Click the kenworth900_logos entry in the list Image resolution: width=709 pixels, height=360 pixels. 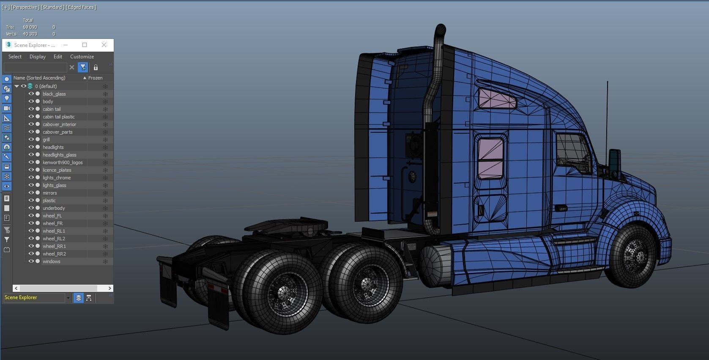tap(63, 162)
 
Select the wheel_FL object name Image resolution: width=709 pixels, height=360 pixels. tap(52, 216)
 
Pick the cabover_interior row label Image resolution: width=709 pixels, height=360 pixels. tap(59, 124)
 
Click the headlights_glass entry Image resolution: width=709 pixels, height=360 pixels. tap(59, 155)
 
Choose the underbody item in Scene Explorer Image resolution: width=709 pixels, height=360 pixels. tap(54, 208)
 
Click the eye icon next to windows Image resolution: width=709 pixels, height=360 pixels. tap(31, 261)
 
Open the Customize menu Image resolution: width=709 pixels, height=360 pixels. tap(82, 57)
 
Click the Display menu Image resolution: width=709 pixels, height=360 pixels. tap(37, 57)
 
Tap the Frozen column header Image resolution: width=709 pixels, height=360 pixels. tap(95, 78)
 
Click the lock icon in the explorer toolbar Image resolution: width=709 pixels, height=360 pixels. tap(96, 67)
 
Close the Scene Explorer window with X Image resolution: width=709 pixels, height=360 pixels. tap(104, 45)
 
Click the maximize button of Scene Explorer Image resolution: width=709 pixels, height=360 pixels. tap(85, 45)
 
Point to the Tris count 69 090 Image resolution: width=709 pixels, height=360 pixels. tap(30, 27)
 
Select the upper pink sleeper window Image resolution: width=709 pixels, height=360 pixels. tap(497, 98)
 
